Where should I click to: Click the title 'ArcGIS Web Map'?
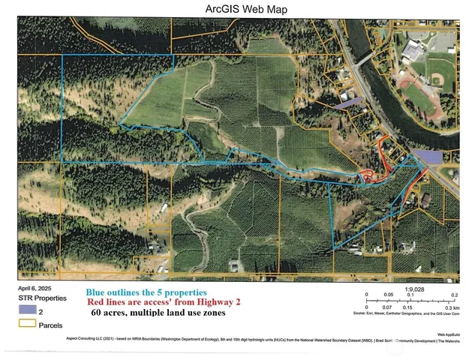coord(234,10)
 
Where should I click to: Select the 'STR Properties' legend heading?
coord(38,298)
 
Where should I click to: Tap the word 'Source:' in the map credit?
coord(357,314)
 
